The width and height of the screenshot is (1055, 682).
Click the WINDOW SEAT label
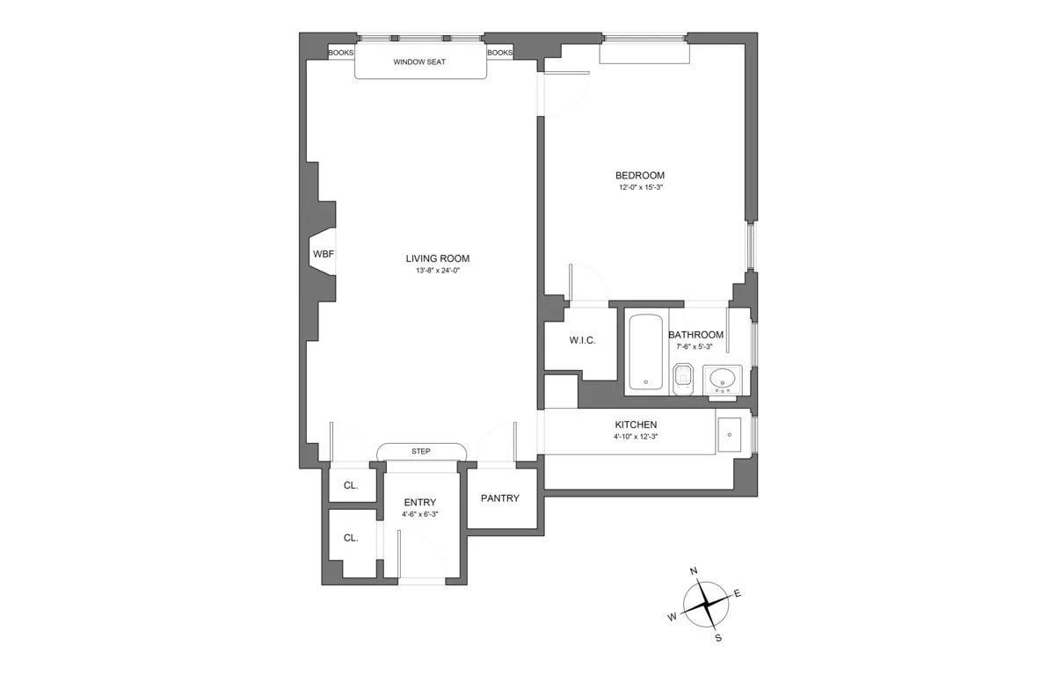click(x=420, y=62)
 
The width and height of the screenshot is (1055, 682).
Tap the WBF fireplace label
click(x=323, y=254)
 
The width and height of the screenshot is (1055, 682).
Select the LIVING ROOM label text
click(x=437, y=258)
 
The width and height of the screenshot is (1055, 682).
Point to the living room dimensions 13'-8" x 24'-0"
click(x=437, y=271)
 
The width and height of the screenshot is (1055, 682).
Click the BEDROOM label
click(x=639, y=175)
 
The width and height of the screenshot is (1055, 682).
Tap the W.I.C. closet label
click(x=582, y=340)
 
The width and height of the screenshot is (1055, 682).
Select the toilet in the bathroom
click(x=683, y=381)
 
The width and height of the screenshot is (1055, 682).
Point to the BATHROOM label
click(x=695, y=335)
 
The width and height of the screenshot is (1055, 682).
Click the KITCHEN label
click(x=636, y=424)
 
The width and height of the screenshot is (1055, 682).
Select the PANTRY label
click(x=499, y=498)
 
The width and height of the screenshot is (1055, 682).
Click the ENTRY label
click(x=420, y=503)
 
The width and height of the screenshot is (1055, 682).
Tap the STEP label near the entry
click(x=420, y=452)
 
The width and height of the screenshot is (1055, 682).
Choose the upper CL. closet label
click(x=350, y=485)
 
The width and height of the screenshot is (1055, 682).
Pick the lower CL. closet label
click(x=350, y=538)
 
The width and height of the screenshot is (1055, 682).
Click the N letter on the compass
click(x=694, y=571)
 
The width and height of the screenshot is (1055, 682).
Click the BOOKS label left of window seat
click(x=340, y=53)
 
